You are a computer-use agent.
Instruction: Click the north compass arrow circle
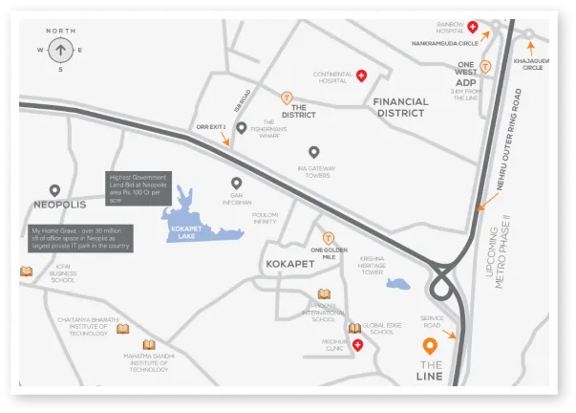click(x=60, y=49)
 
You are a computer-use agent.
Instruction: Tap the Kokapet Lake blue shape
click(x=195, y=222)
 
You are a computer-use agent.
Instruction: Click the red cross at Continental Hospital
click(x=362, y=75)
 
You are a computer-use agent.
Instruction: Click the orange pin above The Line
click(x=431, y=346)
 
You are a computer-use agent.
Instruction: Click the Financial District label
click(x=399, y=106)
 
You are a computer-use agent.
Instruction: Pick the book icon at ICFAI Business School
click(x=27, y=271)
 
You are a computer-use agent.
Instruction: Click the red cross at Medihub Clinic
click(x=357, y=344)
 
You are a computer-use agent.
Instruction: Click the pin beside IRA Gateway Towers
click(x=313, y=152)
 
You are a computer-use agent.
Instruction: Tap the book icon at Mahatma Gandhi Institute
click(x=148, y=345)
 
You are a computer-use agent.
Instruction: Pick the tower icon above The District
click(x=286, y=97)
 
